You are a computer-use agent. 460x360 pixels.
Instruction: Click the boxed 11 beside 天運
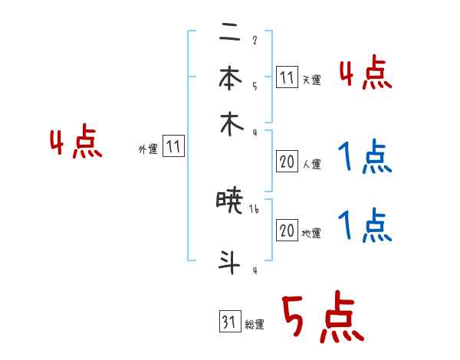click(x=287, y=77)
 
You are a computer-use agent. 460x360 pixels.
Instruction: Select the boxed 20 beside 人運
click(x=287, y=162)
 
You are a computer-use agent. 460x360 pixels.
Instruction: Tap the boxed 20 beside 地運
click(x=287, y=231)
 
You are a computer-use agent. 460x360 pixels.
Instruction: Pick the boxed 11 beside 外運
click(x=173, y=148)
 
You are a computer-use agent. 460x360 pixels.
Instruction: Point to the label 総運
click(x=255, y=325)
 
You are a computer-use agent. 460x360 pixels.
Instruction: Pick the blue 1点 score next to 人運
click(x=364, y=159)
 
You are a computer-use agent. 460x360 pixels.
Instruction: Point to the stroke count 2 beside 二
click(x=255, y=41)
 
